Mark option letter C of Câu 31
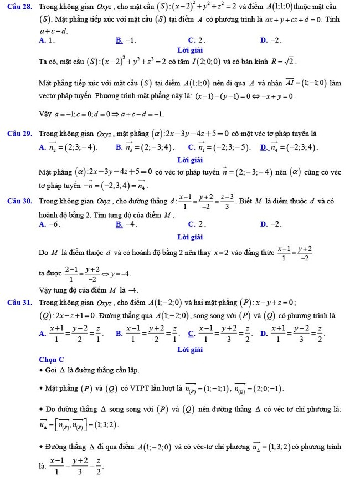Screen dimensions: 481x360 coord(192,333)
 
